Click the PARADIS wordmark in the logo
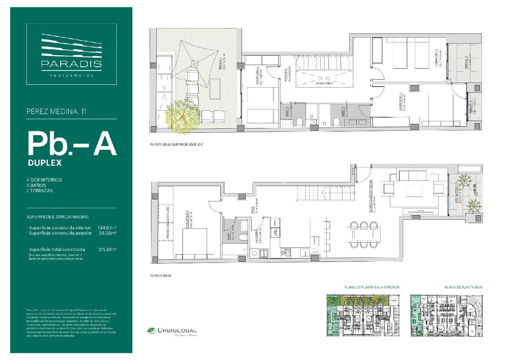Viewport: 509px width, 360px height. click(x=71, y=64)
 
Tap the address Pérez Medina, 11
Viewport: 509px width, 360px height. click(x=56, y=111)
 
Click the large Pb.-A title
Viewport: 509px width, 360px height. click(x=72, y=143)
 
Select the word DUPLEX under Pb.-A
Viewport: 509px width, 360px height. click(x=45, y=163)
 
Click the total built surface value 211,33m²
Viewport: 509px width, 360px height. click(x=107, y=249)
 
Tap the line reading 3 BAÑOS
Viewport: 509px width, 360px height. click(x=36, y=185)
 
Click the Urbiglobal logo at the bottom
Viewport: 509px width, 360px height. click(x=172, y=330)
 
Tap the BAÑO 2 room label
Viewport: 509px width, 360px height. click(x=287, y=112)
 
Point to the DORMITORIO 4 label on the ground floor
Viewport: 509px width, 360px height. click(x=187, y=220)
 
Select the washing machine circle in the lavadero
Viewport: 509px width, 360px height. click(x=254, y=253)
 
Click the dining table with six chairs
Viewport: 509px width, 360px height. click(x=364, y=234)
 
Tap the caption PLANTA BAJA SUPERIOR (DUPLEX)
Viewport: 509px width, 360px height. click(x=177, y=144)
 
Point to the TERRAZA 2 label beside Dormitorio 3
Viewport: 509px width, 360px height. click(x=467, y=63)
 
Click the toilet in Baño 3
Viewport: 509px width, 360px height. click(x=336, y=122)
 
